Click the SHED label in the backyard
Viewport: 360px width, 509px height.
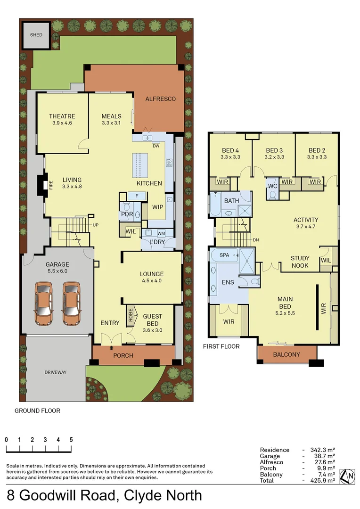[x=36, y=35]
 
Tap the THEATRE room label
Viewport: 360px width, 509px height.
[x=62, y=116]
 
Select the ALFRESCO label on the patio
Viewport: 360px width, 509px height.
[x=160, y=99]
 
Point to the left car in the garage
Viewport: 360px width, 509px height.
[x=43, y=304]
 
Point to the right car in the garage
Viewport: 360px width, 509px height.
[x=71, y=304]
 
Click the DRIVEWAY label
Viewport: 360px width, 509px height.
[x=56, y=372]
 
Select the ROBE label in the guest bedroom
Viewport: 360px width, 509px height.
[x=130, y=314]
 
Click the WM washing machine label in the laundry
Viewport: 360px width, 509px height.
[x=161, y=233]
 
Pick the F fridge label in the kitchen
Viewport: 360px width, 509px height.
[x=137, y=196]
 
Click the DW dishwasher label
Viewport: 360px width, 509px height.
[x=155, y=146]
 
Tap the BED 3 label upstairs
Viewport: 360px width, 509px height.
[x=274, y=151]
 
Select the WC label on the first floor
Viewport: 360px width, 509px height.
[x=272, y=186]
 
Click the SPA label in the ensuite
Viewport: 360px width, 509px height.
[x=225, y=255]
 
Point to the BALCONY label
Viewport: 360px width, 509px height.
[x=286, y=354]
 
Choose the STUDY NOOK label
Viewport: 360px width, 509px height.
[x=300, y=262]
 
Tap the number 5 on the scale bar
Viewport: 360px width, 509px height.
[x=71, y=439]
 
